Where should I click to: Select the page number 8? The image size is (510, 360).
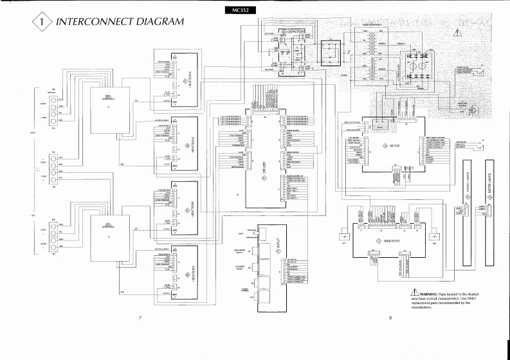390,317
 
